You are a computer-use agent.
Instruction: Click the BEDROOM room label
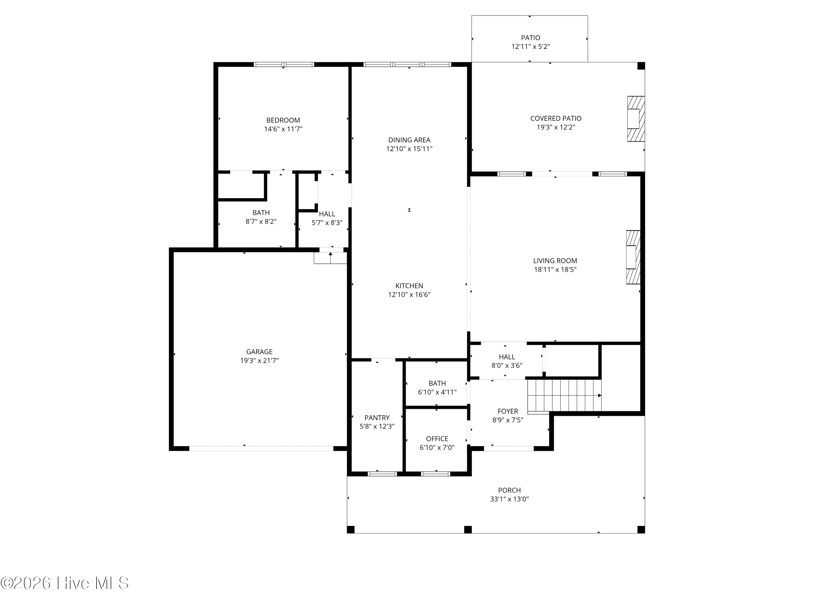(283, 120)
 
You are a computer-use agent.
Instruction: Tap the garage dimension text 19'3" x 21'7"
(259, 361)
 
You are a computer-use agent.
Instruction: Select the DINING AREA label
(409, 140)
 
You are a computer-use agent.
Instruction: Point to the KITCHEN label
(409, 286)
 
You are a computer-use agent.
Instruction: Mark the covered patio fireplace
(636, 119)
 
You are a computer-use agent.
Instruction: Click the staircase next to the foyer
(564, 396)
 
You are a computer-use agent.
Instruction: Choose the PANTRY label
(377, 418)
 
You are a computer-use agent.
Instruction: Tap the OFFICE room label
(437, 439)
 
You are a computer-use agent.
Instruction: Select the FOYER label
(508, 411)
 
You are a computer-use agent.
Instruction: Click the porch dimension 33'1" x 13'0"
(509, 499)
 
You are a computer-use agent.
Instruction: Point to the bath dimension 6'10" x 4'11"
(437, 392)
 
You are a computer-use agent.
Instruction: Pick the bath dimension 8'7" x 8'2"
(261, 221)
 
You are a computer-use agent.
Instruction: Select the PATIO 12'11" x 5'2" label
(530, 42)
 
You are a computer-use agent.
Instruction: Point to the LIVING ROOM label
(555, 261)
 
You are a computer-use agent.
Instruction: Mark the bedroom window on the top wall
(284, 64)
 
